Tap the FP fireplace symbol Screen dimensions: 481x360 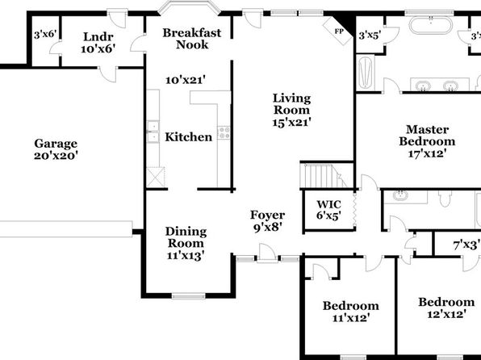339,31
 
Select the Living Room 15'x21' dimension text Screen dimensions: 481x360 291,122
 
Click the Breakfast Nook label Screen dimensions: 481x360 192,39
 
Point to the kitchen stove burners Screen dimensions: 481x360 224,132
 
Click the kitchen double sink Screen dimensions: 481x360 153,132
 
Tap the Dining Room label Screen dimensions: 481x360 186,237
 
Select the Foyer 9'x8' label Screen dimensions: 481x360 267,221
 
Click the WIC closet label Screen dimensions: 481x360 328,210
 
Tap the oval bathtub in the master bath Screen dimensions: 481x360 431,26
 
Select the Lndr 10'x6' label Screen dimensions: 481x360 98,43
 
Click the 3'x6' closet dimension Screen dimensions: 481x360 46,35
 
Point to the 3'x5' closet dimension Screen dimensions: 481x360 370,36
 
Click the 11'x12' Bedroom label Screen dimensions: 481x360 350,312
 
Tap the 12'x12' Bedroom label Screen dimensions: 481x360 446,308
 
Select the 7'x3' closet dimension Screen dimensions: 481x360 466,245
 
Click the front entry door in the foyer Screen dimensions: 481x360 267,253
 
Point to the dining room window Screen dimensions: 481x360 188,296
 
